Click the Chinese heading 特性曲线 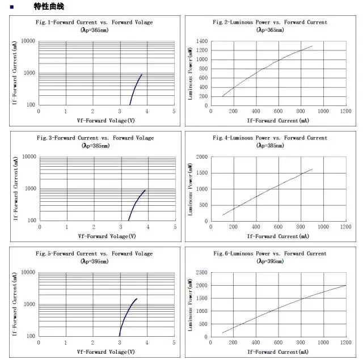click(x=49, y=7)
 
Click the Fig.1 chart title click(x=95, y=23)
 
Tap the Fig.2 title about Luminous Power click(x=269, y=23)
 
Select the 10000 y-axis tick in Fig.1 click(x=28, y=41)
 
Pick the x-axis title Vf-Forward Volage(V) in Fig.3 click(x=106, y=236)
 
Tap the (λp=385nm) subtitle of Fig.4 click(x=270, y=146)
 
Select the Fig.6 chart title click(x=269, y=253)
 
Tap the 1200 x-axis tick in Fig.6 click(x=345, y=343)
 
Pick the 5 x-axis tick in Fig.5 click(x=174, y=343)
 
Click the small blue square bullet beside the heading click(x=12, y=7)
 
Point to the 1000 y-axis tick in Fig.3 click(x=29, y=188)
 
